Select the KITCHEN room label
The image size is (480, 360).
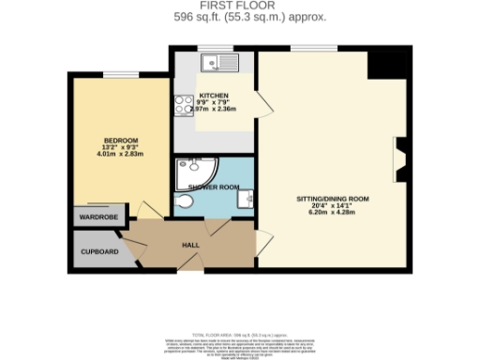point(213,96)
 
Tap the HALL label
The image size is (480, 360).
point(191,245)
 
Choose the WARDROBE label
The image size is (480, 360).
point(97,217)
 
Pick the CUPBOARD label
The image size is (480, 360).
point(98,252)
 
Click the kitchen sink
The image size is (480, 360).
point(221,64)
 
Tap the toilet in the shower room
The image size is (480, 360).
point(184,204)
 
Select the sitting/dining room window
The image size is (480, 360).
point(314,48)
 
